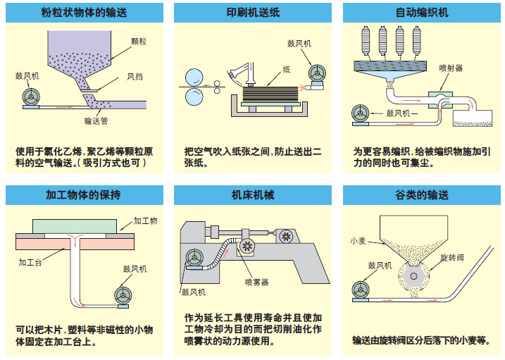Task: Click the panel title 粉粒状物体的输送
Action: pyautogui.click(x=84, y=13)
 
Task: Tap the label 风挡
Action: pyautogui.click(x=135, y=76)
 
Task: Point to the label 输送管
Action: pyautogui.click(x=95, y=120)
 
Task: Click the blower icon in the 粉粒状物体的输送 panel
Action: pyautogui.click(x=32, y=96)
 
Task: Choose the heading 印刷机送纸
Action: pyautogui.click(x=252, y=13)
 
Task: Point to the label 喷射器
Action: pyautogui.click(x=450, y=68)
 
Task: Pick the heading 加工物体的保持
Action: pyautogui.click(x=84, y=194)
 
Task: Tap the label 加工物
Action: pyautogui.click(x=146, y=221)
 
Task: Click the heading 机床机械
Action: pyautogui.click(x=252, y=194)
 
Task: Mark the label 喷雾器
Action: pyautogui.click(x=256, y=282)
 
